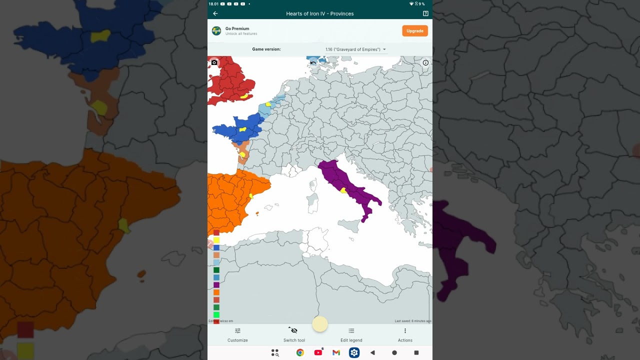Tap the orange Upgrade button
click(x=414, y=31)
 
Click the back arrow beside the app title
click(x=215, y=13)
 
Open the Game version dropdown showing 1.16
click(x=355, y=49)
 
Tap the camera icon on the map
click(x=214, y=62)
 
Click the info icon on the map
click(x=425, y=63)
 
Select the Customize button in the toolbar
click(x=237, y=334)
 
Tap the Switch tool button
click(x=294, y=334)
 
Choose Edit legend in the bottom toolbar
click(x=351, y=334)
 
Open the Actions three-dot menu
click(x=405, y=334)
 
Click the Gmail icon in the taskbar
click(x=336, y=352)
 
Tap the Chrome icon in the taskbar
click(x=300, y=352)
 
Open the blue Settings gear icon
click(x=354, y=352)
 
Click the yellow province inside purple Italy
click(x=343, y=190)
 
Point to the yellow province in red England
click(x=244, y=96)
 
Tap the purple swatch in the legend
click(x=216, y=285)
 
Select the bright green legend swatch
click(x=216, y=314)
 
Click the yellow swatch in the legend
click(x=216, y=240)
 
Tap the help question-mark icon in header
click(x=425, y=13)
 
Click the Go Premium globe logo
click(x=216, y=31)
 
